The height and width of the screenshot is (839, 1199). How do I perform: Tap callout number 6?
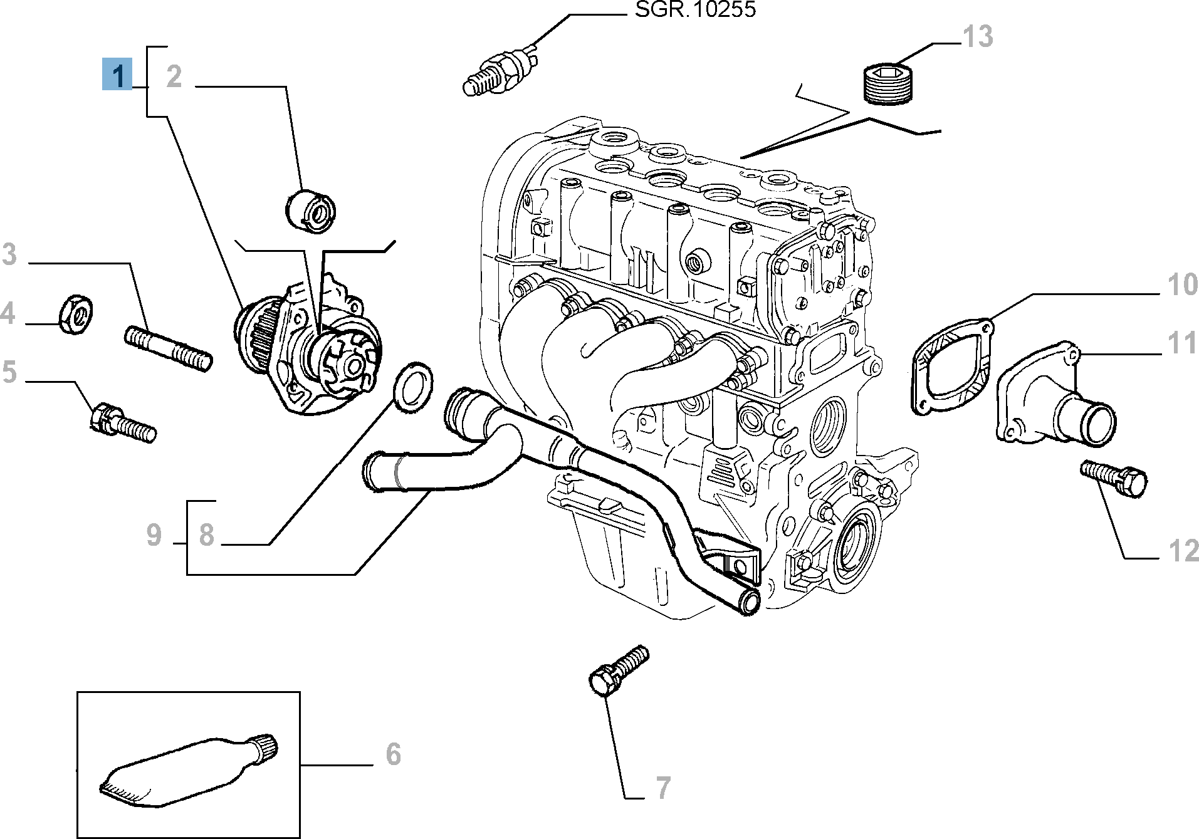(393, 754)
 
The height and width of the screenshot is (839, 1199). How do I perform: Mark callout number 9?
(154, 535)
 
